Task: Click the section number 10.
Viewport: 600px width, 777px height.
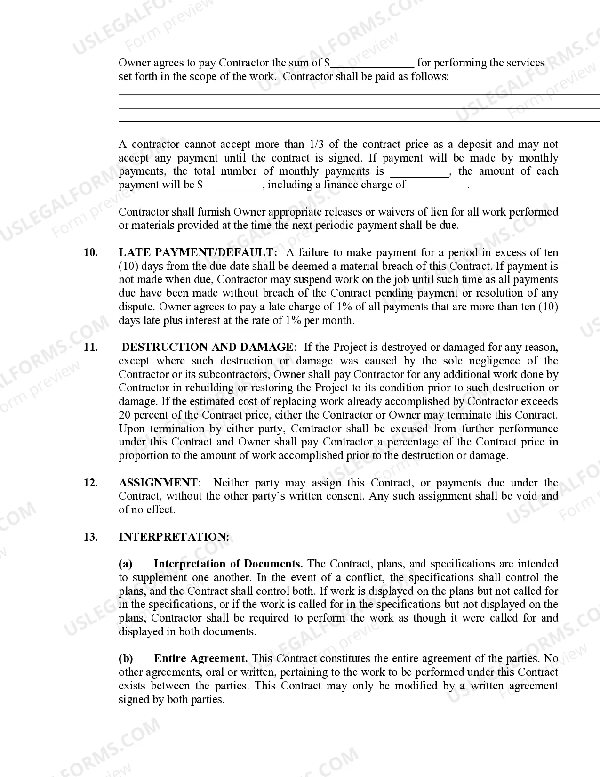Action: pyautogui.click(x=91, y=253)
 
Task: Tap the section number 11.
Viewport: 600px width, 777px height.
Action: pyautogui.click(x=91, y=348)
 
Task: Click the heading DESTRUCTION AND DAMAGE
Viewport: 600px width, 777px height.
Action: pyautogui.click(x=208, y=348)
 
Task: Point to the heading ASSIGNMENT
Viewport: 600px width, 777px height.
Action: pyautogui.click(x=158, y=483)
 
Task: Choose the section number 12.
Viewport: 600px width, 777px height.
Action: pyautogui.click(x=91, y=483)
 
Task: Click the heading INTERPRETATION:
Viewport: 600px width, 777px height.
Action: pyautogui.click(x=174, y=537)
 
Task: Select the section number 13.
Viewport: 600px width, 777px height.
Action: pyautogui.click(x=91, y=537)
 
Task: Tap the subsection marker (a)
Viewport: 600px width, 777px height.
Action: pyautogui.click(x=126, y=564)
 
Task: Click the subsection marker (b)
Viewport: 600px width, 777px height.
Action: pyautogui.click(x=126, y=659)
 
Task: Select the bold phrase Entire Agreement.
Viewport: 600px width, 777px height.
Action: pyautogui.click(x=201, y=659)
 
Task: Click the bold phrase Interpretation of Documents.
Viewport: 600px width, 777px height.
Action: pyautogui.click(x=228, y=564)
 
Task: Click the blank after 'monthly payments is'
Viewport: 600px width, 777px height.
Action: pyautogui.click(x=420, y=172)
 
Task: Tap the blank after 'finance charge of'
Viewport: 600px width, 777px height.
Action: pyautogui.click(x=437, y=186)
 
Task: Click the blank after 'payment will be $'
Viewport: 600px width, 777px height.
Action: pyautogui.click(x=232, y=186)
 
